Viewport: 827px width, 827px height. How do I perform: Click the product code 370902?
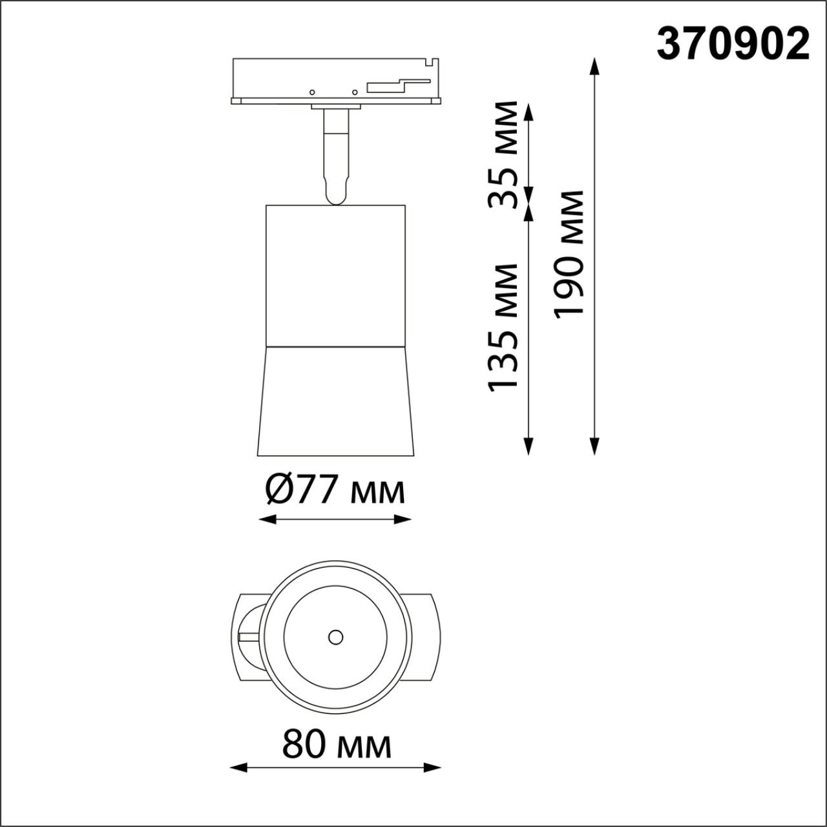(733, 45)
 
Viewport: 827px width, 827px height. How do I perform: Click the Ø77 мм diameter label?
(335, 490)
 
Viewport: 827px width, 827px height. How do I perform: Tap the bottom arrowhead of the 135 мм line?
(529, 446)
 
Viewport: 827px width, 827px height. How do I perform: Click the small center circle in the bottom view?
(335, 637)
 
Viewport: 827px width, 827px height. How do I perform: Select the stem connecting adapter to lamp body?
(335, 155)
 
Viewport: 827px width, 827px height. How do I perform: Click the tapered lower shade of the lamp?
(335, 401)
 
